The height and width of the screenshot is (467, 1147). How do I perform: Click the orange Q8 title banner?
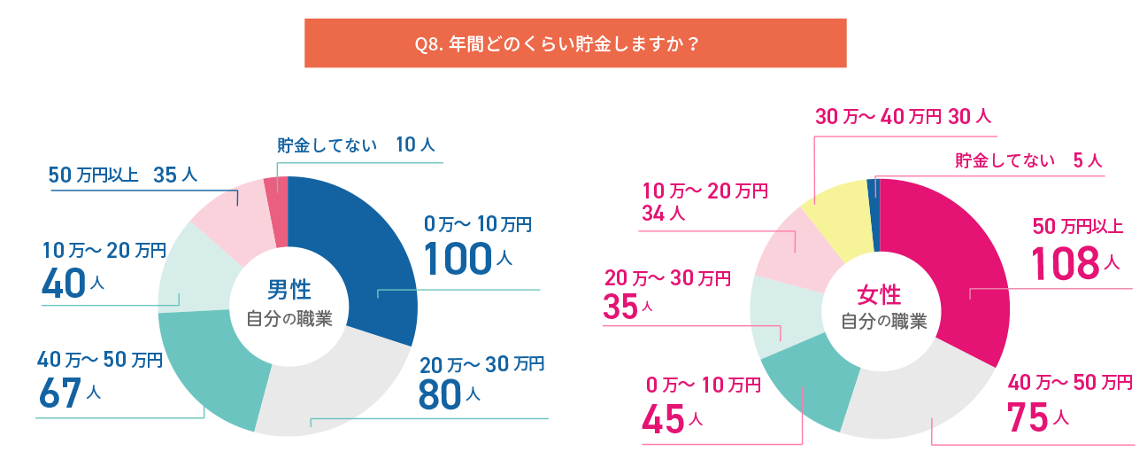575,43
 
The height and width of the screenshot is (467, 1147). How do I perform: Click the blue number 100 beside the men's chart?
457,258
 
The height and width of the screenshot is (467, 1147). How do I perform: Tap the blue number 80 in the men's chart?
440,394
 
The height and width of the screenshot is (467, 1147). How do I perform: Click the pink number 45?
662,419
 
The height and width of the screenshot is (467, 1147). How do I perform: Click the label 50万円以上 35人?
123,175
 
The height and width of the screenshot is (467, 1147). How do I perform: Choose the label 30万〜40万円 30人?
903,116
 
